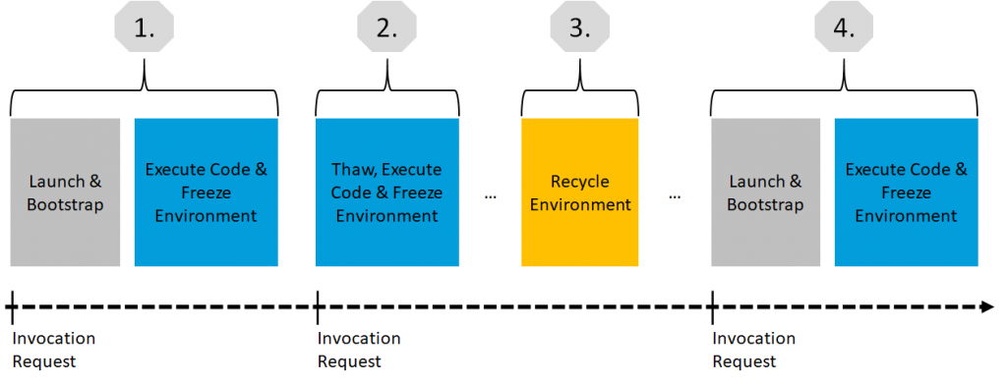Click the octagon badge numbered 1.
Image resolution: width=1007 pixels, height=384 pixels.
click(146, 28)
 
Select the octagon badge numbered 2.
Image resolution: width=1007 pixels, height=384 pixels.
click(386, 28)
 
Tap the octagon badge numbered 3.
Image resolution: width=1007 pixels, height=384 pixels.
click(579, 28)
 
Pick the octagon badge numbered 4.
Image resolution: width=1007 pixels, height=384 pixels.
click(844, 28)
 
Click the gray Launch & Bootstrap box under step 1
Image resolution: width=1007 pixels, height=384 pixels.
click(65, 192)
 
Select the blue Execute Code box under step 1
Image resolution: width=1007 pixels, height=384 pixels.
click(207, 192)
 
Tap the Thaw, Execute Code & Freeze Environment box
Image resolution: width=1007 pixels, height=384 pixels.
click(386, 192)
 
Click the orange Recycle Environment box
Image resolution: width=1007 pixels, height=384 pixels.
click(579, 192)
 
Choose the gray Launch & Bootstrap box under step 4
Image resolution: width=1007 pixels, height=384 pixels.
click(765, 192)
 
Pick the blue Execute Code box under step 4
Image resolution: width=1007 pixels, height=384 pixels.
click(906, 192)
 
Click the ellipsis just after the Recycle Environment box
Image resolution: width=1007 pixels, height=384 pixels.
click(675, 196)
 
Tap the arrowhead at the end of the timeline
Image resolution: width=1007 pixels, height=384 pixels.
click(985, 307)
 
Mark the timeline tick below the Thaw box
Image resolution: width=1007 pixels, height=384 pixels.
click(318, 307)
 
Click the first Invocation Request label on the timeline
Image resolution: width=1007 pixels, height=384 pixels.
click(54, 350)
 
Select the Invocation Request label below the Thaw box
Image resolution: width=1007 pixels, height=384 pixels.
click(359, 350)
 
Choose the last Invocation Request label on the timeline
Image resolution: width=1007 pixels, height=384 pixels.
click(754, 350)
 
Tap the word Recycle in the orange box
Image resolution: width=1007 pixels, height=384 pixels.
click(579, 183)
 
